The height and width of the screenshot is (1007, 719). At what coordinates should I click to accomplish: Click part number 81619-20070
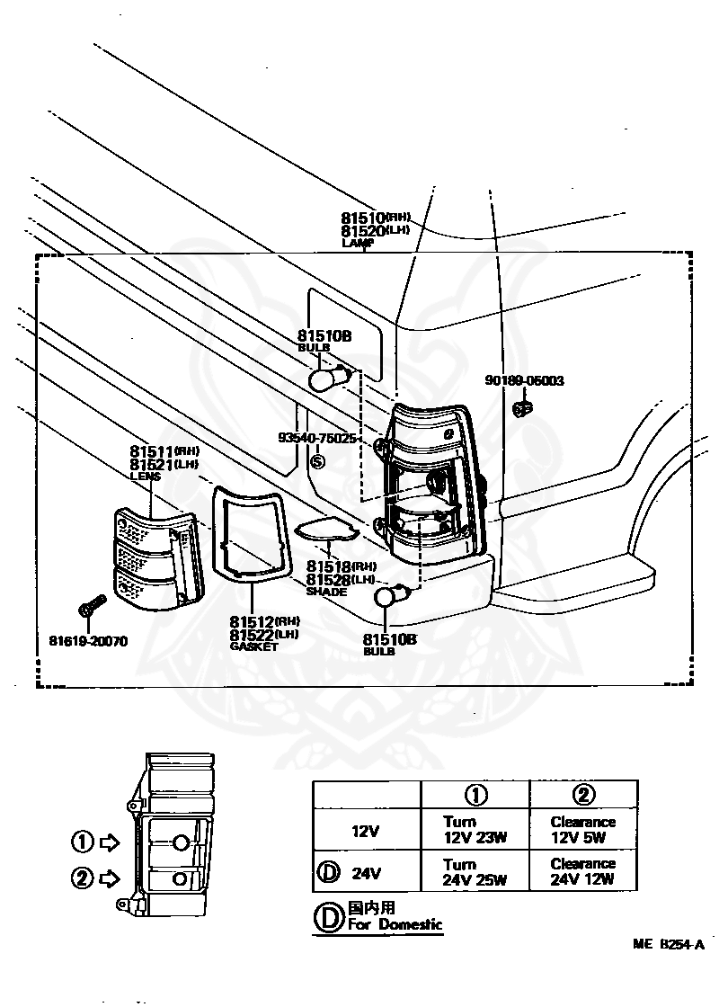(x=88, y=641)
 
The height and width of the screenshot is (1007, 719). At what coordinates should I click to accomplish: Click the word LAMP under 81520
(x=357, y=243)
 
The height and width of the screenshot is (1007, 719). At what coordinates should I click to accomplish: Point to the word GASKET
(x=254, y=646)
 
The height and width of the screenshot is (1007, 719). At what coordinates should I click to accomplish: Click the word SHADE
(x=326, y=592)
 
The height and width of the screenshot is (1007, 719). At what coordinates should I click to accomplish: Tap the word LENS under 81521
(x=145, y=477)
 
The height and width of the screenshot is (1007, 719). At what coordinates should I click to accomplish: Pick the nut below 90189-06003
(x=522, y=409)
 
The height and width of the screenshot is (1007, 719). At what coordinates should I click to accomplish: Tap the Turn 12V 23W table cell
(x=475, y=829)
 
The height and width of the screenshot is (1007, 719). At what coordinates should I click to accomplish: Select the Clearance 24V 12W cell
(x=583, y=871)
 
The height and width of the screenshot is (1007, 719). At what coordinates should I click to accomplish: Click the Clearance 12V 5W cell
(x=583, y=829)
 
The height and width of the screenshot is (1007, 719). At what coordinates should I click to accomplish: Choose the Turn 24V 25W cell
(x=475, y=871)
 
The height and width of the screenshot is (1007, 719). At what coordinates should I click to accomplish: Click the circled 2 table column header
(x=583, y=794)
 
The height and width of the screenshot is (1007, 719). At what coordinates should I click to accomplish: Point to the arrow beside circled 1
(x=110, y=842)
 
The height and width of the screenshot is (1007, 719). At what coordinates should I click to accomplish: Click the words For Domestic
(x=395, y=924)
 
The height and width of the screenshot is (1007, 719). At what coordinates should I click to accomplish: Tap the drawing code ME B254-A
(x=667, y=944)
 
